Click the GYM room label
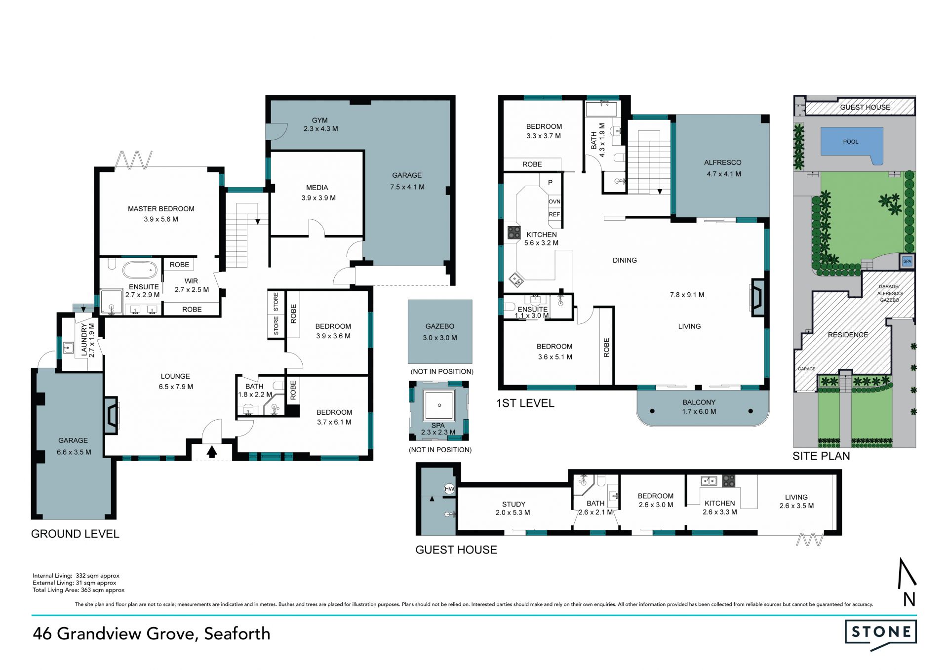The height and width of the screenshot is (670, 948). (320, 120)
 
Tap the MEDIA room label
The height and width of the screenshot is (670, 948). (317, 188)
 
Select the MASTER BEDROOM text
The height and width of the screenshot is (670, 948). (161, 209)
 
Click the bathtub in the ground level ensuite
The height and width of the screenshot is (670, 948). (140, 270)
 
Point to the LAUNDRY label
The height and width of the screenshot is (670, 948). (84, 340)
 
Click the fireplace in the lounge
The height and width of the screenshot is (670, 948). (111, 416)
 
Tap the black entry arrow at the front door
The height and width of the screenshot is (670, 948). (212, 451)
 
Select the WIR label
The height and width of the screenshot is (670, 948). (191, 281)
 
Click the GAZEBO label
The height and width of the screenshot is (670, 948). (440, 326)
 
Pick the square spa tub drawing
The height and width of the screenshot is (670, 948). (439, 405)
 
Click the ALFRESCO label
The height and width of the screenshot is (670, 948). (722, 162)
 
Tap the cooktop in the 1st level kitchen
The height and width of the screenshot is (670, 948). (514, 232)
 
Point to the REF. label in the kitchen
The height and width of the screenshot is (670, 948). (554, 214)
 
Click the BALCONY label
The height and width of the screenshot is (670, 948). (699, 402)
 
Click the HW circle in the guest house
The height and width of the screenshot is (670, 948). (449, 489)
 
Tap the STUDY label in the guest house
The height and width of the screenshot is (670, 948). (513, 504)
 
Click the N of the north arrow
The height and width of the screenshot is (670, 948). (909, 599)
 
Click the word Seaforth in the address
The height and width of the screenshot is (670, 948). (237, 633)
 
